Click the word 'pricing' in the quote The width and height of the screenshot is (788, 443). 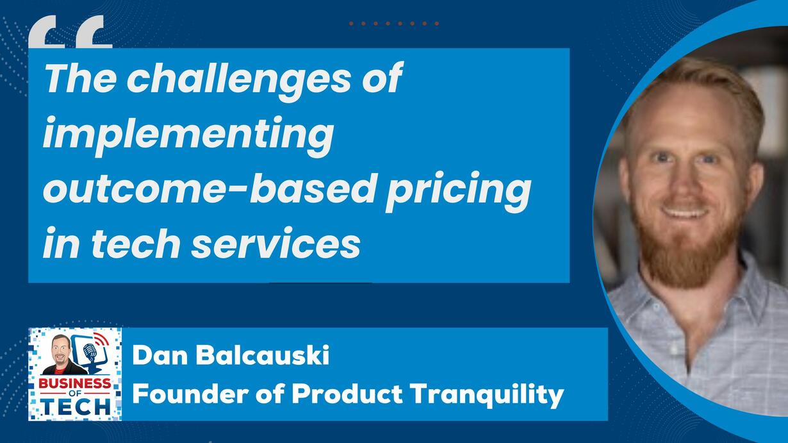[x=458, y=192]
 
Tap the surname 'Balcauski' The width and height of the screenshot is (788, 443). [x=263, y=355]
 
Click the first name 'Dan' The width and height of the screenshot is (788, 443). [x=160, y=355]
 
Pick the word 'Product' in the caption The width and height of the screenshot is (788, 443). [x=347, y=394]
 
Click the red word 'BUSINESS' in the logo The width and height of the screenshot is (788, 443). [x=74, y=383]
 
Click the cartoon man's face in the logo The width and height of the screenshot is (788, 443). [x=62, y=349]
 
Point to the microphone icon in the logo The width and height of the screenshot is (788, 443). [x=89, y=352]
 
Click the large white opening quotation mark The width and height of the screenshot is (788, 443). [x=70, y=31]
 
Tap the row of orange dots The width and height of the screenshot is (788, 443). [x=394, y=24]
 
